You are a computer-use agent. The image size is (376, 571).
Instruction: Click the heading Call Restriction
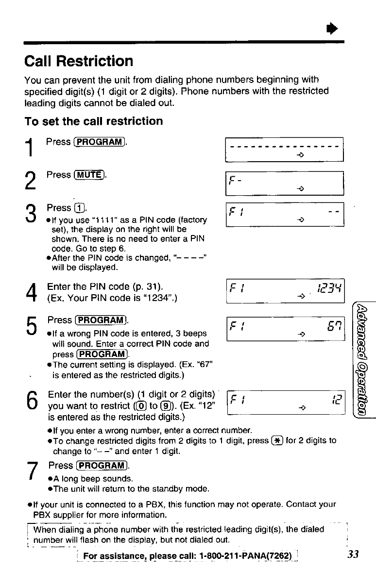[x=79, y=61]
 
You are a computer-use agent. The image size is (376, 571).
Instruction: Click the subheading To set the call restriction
[x=94, y=121]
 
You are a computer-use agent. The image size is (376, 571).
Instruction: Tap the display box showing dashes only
[x=285, y=150]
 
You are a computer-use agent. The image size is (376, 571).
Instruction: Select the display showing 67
[x=285, y=329]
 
